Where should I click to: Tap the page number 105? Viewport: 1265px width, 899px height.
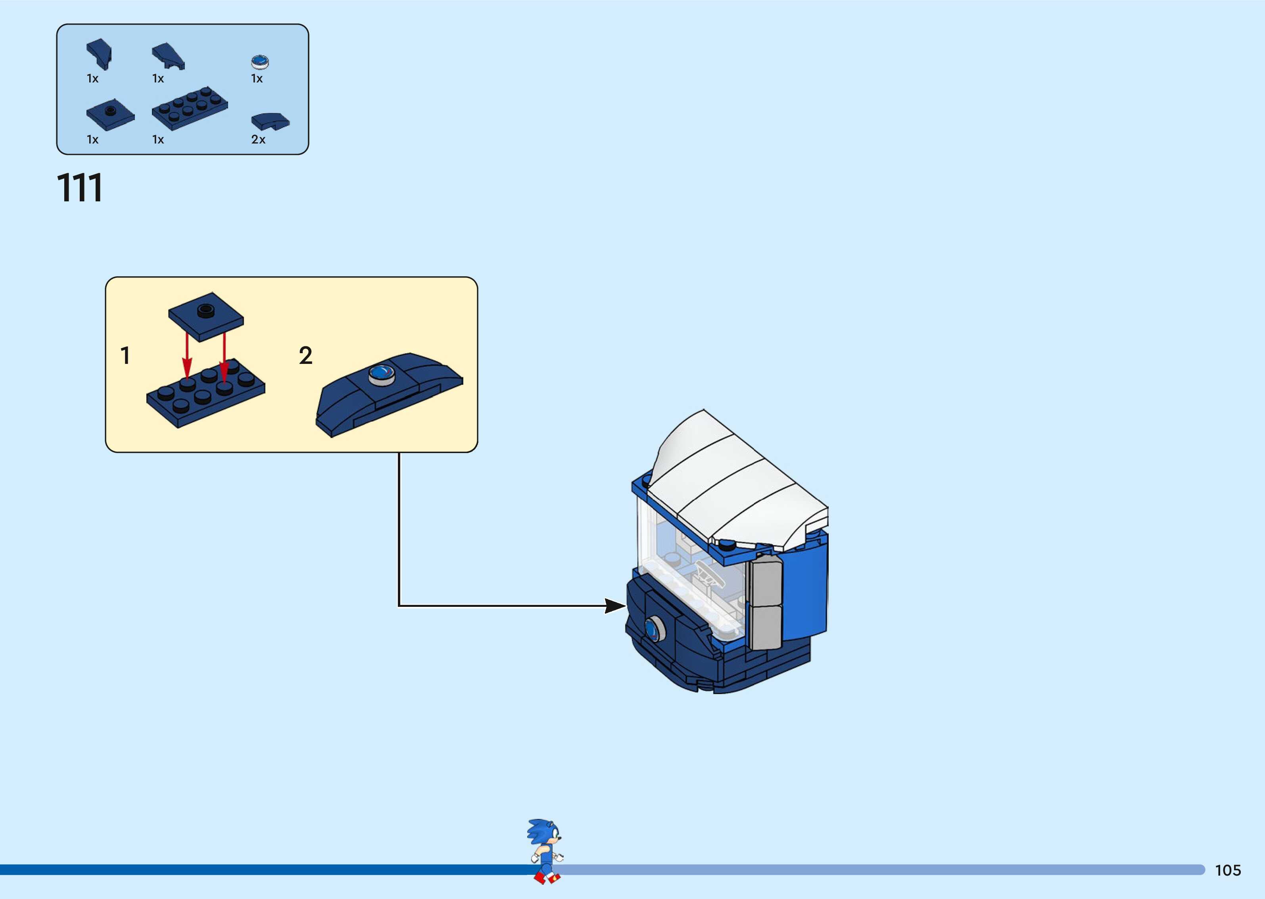(1227, 870)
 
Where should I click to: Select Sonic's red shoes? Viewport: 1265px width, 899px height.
(547, 878)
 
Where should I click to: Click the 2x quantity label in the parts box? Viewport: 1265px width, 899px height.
(258, 140)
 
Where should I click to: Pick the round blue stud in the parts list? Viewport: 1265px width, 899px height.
(260, 61)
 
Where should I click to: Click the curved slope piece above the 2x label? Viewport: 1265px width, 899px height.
(270, 121)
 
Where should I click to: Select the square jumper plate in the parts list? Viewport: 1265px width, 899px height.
(110, 115)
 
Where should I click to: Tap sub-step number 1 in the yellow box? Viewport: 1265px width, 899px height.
(125, 356)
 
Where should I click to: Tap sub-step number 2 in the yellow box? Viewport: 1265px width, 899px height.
(305, 356)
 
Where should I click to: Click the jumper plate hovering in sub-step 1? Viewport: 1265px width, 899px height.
(206, 316)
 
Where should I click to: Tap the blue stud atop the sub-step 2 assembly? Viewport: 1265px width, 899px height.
(382, 375)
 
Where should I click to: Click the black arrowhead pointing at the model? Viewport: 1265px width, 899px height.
(615, 606)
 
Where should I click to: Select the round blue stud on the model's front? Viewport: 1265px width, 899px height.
(654, 629)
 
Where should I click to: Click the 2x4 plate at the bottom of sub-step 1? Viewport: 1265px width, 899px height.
(205, 393)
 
